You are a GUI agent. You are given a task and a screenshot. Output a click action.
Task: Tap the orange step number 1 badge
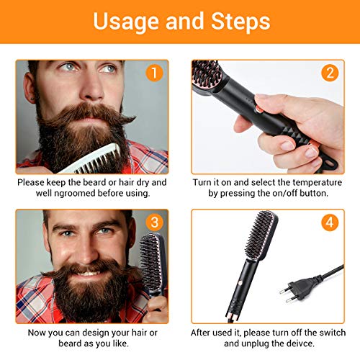pyautogui.click(x=152, y=73)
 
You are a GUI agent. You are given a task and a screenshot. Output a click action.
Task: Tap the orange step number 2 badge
pyautogui.click(x=330, y=73)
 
